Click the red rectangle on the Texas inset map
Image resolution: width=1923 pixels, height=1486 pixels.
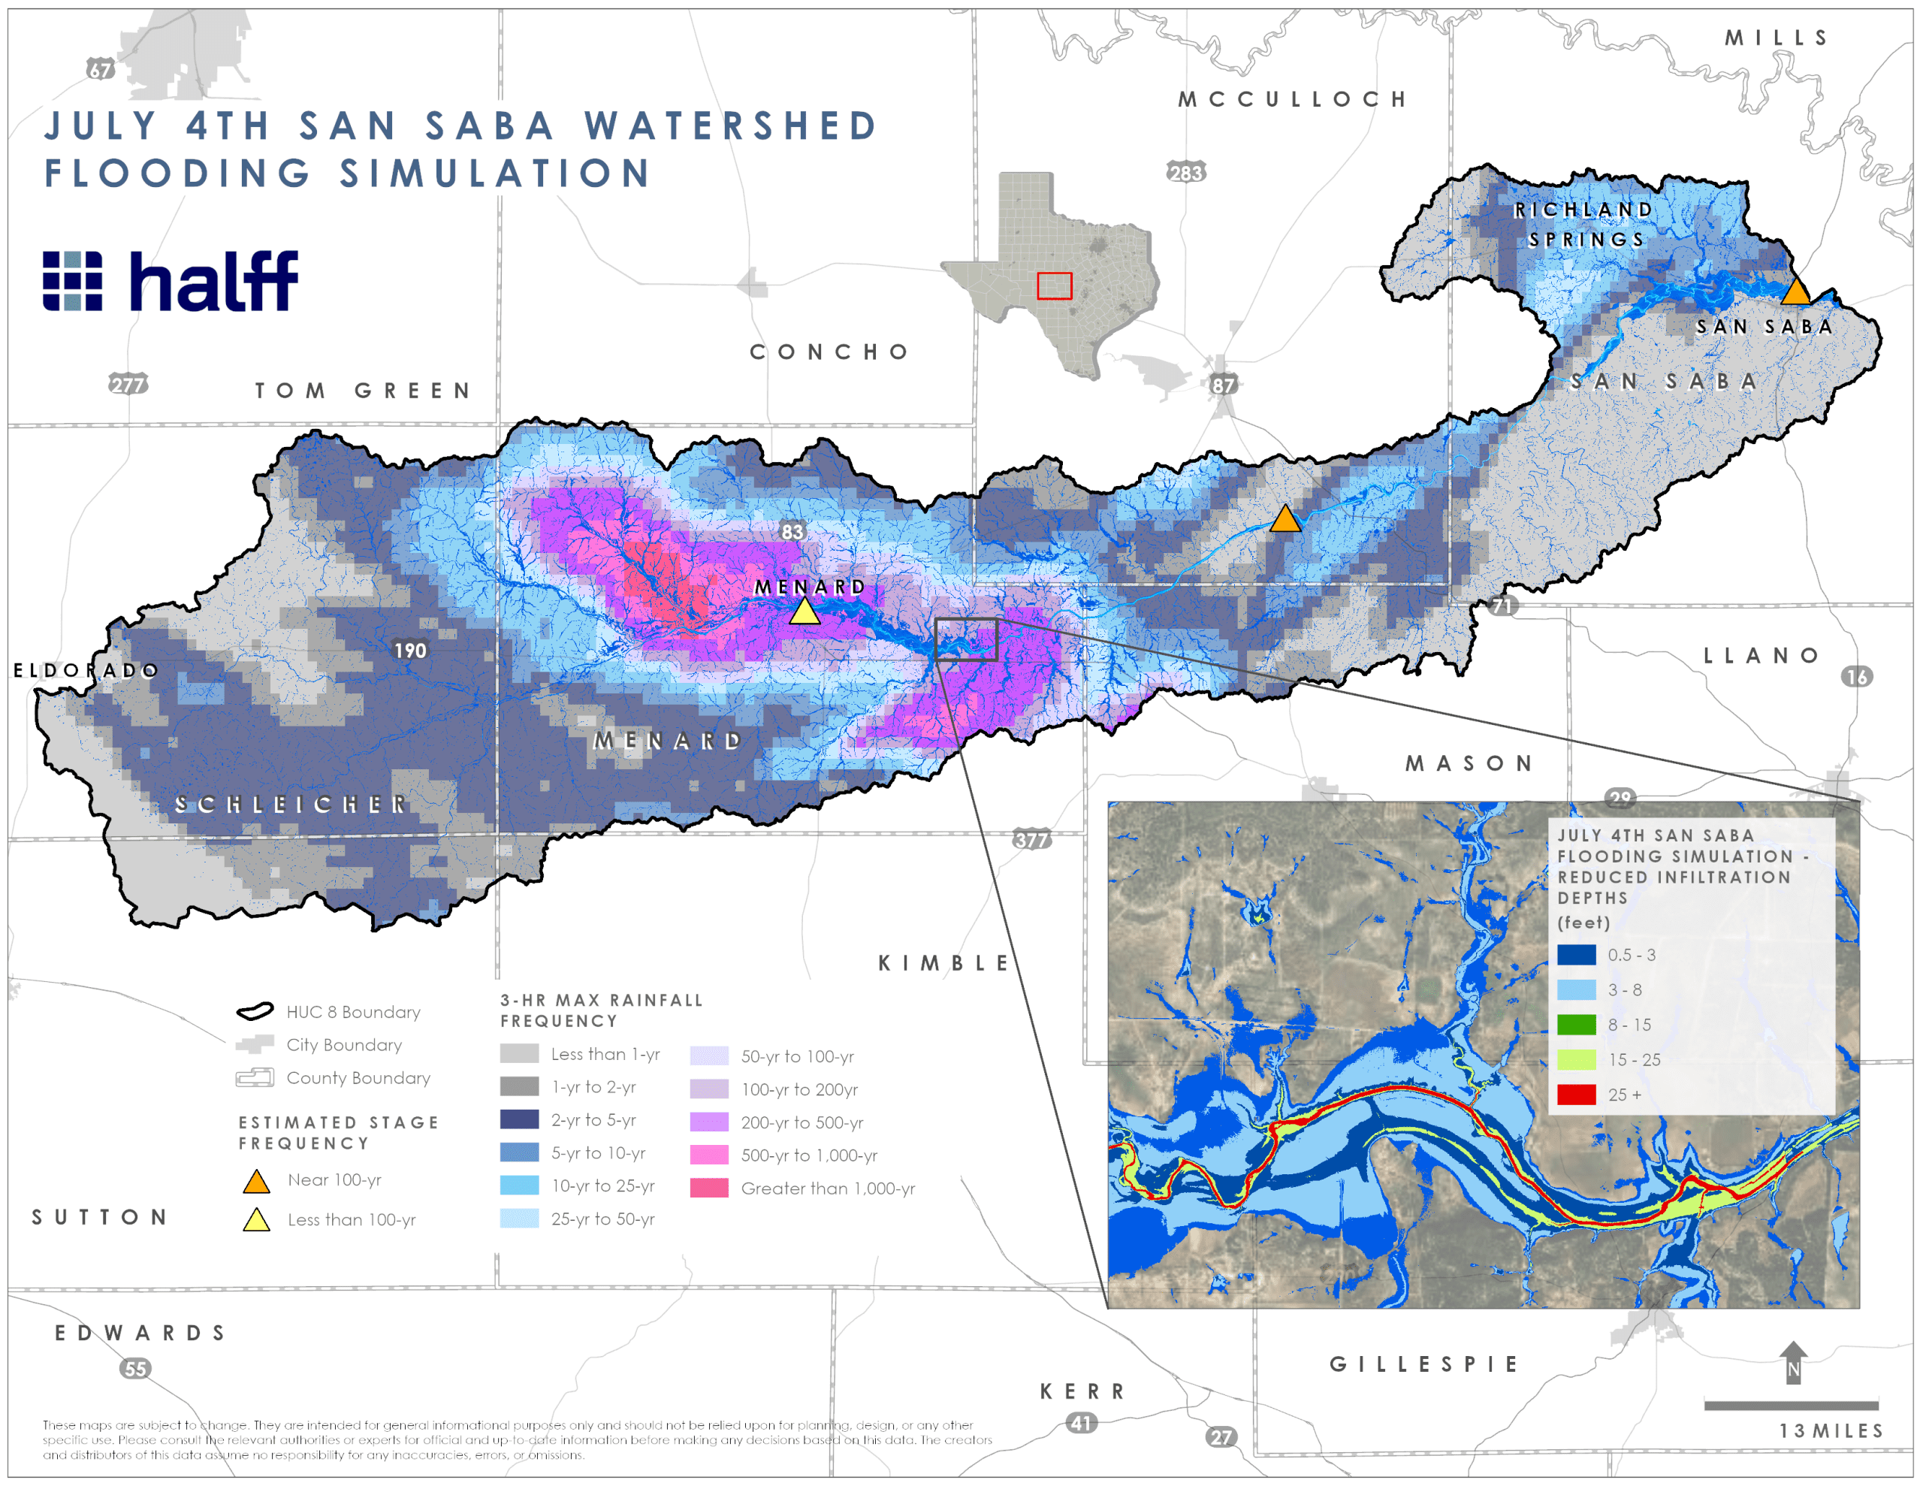[1054, 285]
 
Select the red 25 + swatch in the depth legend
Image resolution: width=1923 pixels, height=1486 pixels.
[1576, 1095]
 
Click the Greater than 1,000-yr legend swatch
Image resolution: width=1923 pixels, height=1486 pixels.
[709, 1188]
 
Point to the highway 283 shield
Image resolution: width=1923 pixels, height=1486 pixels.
[1185, 173]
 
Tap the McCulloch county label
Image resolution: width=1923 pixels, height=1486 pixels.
[1292, 98]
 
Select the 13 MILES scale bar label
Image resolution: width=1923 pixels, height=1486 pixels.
[1831, 1431]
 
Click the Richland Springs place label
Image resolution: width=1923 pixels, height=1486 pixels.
[1585, 225]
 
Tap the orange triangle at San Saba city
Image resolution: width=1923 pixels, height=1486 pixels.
[1795, 291]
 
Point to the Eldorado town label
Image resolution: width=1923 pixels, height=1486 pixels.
[86, 670]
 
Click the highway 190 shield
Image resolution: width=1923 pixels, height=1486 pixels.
[410, 650]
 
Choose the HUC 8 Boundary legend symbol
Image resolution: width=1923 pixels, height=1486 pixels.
[255, 1011]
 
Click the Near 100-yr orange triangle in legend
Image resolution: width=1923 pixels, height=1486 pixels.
[256, 1182]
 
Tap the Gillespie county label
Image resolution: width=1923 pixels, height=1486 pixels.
[1423, 1364]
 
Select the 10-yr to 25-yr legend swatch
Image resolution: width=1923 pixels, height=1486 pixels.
[518, 1185]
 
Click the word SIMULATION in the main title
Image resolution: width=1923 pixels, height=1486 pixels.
[496, 174]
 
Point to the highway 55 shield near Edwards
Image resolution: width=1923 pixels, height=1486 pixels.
[134, 1369]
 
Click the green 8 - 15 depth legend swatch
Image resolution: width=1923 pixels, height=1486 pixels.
[1576, 1025]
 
